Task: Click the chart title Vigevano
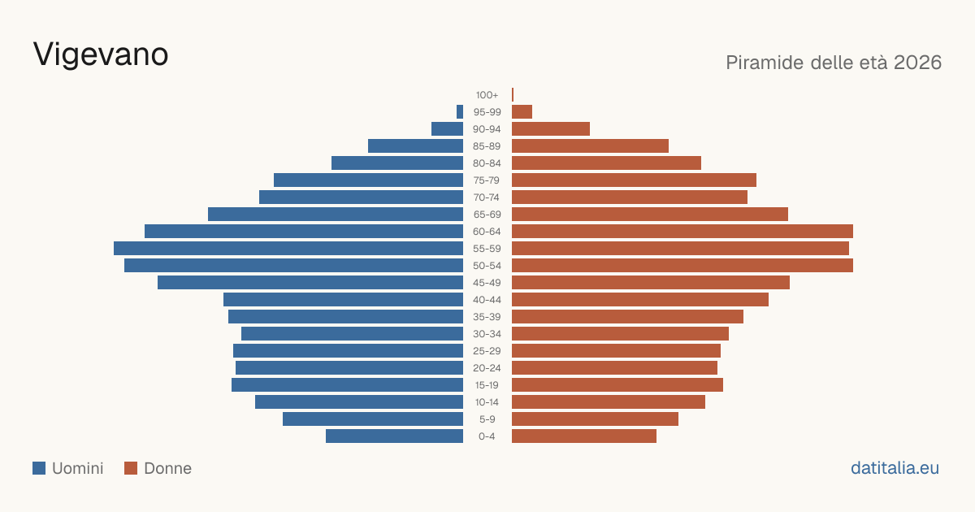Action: tap(101, 54)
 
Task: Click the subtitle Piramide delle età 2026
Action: tap(834, 63)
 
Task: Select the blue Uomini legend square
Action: tap(39, 468)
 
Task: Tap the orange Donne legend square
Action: tap(131, 468)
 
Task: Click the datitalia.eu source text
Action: tap(895, 468)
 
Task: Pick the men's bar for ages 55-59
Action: tap(288, 248)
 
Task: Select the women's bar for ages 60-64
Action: tap(682, 231)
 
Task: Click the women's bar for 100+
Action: tap(513, 94)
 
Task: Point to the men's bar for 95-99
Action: tap(460, 111)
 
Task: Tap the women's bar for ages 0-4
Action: tap(584, 436)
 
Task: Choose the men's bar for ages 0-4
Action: tap(394, 436)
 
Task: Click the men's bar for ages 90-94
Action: tap(447, 129)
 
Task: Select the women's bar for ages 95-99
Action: tap(522, 111)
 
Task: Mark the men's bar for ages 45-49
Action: tap(310, 283)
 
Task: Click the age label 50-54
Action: tap(487, 266)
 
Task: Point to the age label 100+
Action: tap(487, 95)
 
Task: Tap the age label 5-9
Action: tap(487, 419)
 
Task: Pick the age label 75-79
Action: tap(487, 180)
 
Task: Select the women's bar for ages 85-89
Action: tap(590, 145)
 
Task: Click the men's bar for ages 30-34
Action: tap(352, 334)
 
